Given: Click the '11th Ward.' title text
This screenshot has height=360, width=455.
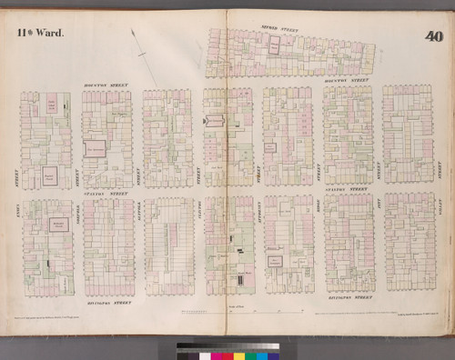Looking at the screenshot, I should coord(39,33).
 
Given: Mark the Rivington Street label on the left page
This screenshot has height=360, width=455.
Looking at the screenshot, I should coord(111,301).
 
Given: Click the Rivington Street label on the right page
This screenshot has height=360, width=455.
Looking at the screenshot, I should coord(349,297).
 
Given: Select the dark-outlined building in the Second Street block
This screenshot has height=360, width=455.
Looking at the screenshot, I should coord(272,42).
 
